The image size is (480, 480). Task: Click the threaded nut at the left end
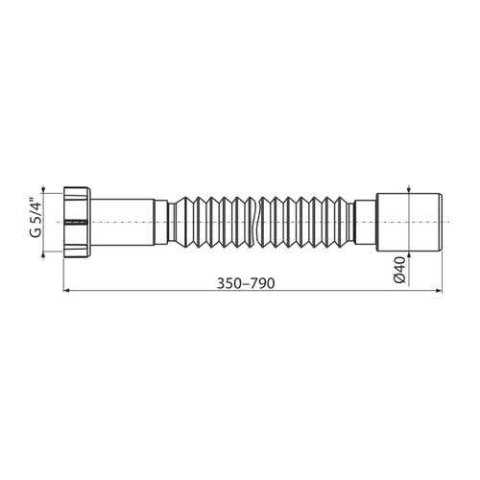click(x=76, y=220)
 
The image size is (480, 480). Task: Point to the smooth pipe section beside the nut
click(x=122, y=220)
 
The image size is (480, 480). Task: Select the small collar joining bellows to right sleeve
click(x=365, y=220)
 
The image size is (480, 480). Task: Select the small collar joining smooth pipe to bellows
click(x=161, y=220)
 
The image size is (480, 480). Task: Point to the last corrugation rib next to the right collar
click(x=348, y=220)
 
